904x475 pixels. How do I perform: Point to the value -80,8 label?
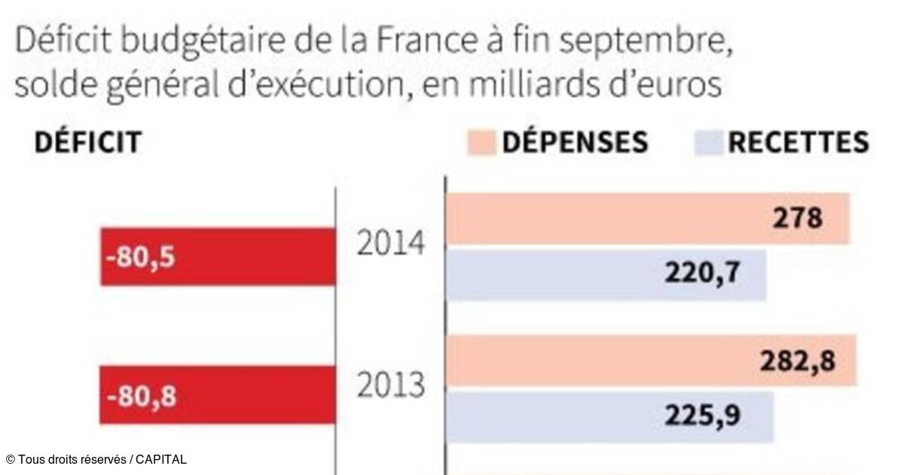point(141,395)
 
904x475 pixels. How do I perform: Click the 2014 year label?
point(390,246)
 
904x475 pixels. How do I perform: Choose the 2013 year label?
point(390,385)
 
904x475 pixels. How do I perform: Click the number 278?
point(798,219)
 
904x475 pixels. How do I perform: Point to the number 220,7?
point(701,274)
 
